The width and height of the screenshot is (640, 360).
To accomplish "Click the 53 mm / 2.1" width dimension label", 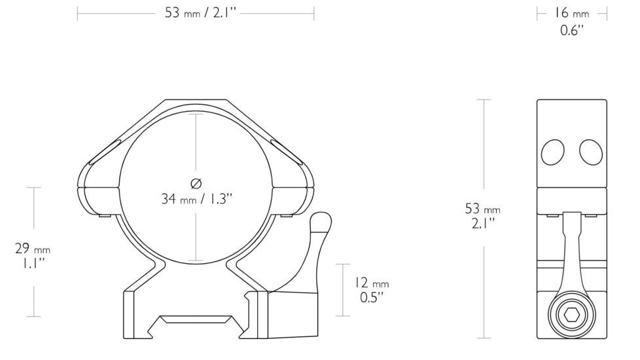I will click(x=195, y=14).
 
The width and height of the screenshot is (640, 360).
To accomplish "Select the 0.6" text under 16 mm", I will click(x=572, y=30).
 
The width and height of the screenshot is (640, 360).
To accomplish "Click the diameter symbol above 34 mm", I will click(x=195, y=183).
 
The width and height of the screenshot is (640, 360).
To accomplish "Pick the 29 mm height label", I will click(x=33, y=249).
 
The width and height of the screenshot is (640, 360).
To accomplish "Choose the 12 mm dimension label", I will click(x=371, y=283).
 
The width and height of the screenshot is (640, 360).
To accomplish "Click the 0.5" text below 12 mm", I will click(x=371, y=298).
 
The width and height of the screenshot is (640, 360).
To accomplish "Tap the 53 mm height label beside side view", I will click(x=483, y=209).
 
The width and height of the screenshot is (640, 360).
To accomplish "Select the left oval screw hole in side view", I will click(x=553, y=152).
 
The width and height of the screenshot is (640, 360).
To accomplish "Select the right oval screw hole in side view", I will click(x=591, y=152).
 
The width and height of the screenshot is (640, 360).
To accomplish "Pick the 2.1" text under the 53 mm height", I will click(x=483, y=224).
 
